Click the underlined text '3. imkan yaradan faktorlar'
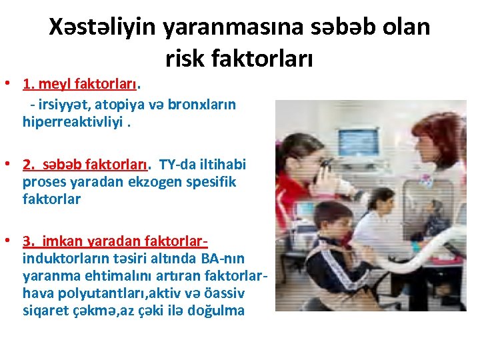click(117, 241)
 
